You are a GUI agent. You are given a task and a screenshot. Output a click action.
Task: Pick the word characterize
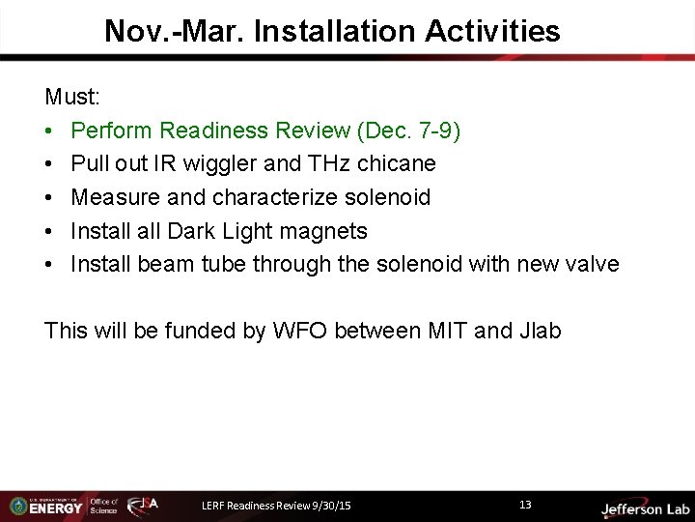(x=259, y=197)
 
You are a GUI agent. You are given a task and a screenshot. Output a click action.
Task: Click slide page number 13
(x=525, y=505)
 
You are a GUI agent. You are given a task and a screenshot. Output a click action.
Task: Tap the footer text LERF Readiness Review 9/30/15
(x=276, y=506)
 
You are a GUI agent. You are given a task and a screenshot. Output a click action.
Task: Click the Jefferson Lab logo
(x=645, y=508)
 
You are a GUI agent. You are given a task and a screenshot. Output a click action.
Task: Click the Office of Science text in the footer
(x=103, y=506)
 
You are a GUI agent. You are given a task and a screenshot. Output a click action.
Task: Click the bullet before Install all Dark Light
(x=50, y=231)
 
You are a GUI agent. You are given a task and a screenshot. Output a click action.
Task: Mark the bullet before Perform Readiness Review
(x=50, y=130)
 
